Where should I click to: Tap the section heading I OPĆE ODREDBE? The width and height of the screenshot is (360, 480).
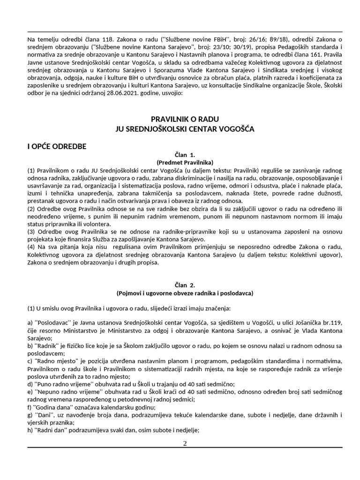pyautogui.click(x=57, y=146)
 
